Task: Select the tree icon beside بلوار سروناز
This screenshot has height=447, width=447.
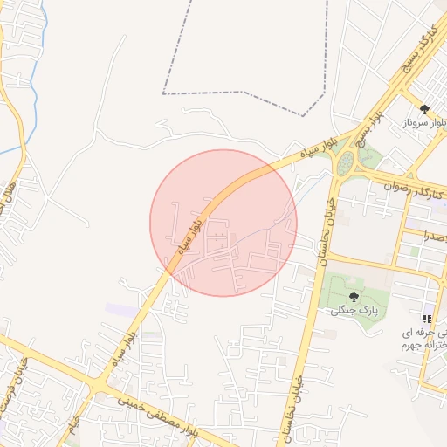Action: [424, 109]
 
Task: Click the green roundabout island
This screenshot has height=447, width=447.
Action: [347, 162]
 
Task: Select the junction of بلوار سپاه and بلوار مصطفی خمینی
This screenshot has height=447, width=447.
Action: [99, 384]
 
